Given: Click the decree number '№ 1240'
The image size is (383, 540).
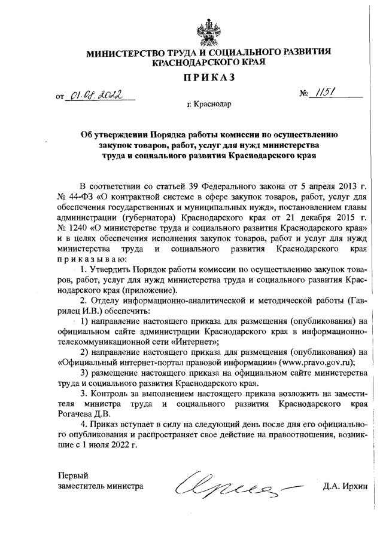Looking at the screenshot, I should point(72,228).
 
